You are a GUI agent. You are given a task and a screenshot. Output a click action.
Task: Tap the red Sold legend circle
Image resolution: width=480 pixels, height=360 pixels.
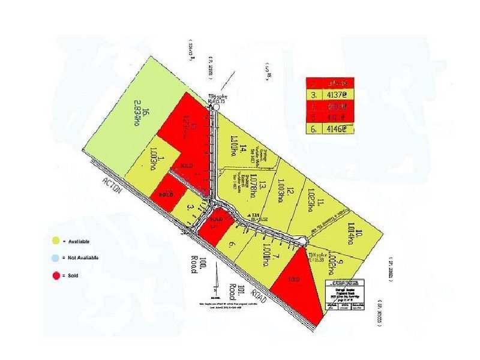pyautogui.click(x=56, y=275)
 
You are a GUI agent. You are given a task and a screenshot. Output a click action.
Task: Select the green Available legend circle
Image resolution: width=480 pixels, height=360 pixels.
pyautogui.click(x=56, y=241)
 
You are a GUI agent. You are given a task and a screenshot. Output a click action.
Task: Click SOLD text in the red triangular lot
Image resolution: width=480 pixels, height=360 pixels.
pyautogui.click(x=293, y=280)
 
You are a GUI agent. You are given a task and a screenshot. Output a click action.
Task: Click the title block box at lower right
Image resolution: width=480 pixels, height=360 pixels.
pyautogui.click(x=346, y=295)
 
